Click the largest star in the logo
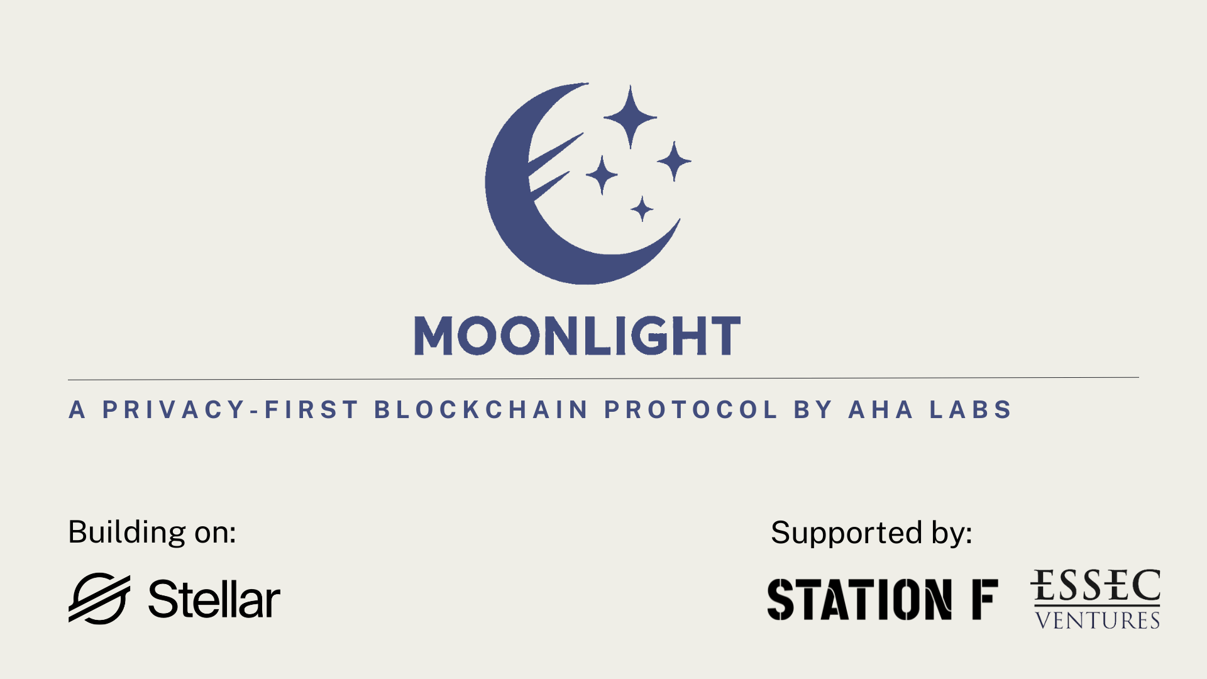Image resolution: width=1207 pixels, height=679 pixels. tap(630, 117)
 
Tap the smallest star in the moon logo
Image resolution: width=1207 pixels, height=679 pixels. tap(642, 209)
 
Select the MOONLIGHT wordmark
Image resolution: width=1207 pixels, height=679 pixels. tap(577, 336)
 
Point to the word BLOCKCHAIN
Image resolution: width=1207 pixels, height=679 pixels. tap(482, 410)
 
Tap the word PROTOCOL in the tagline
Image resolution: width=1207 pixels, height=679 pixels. tap(691, 410)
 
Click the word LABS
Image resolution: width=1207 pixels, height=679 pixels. tap(971, 410)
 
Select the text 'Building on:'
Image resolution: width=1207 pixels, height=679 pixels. tap(152, 533)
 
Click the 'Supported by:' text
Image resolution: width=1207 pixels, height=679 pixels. tap(871, 533)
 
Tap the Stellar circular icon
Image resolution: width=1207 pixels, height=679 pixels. tap(99, 598)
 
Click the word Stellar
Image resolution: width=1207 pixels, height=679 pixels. tap(214, 599)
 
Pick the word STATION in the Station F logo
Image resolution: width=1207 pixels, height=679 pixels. tap(859, 599)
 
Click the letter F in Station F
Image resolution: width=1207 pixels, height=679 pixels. tap(985, 599)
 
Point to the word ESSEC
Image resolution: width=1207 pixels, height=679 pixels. tap(1095, 585)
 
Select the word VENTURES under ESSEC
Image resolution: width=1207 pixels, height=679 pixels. tap(1098, 620)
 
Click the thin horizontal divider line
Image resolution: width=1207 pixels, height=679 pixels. tap(603, 378)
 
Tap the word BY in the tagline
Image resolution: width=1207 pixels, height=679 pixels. tap(813, 410)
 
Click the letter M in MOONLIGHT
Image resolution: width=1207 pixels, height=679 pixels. tap(434, 336)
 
